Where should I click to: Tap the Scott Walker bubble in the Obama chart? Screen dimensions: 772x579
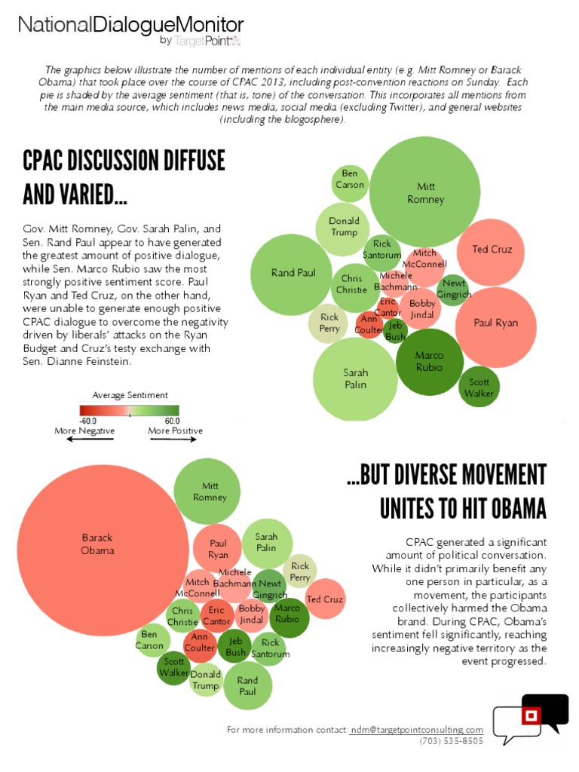pyautogui.click(x=173, y=667)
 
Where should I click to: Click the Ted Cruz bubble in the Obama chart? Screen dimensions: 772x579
pyautogui.click(x=325, y=599)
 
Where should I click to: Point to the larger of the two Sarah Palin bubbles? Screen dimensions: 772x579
pyautogui.click(x=355, y=378)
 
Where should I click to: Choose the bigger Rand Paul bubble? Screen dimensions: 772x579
pyautogui.click(x=293, y=273)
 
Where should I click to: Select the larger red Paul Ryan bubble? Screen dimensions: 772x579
pyautogui.click(x=495, y=323)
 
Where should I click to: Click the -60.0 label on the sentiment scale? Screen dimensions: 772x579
pyautogui.click(x=91, y=421)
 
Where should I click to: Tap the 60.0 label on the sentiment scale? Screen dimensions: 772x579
pyautogui.click(x=170, y=421)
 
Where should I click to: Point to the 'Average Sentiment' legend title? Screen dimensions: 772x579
pyautogui.click(x=130, y=395)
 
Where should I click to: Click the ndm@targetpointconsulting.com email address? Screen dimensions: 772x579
pyautogui.click(x=417, y=730)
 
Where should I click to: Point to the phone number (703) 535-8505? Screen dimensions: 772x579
pyautogui.click(x=452, y=741)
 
